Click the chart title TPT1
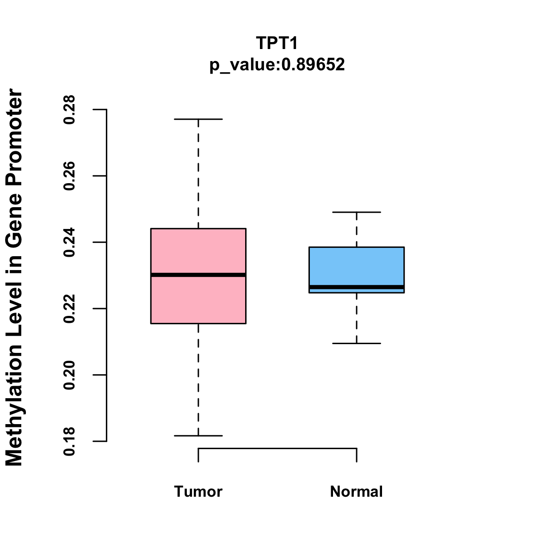277,43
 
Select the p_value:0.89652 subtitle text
277,64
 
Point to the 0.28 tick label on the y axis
69,110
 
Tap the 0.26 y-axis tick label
69,176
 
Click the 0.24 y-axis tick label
69,242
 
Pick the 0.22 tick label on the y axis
69,308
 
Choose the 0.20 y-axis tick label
69,375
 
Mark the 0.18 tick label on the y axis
69,441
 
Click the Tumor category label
198,491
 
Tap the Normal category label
357,491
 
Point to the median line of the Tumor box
198,275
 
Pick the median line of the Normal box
357,287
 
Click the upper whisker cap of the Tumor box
198,119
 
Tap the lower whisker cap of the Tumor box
198,436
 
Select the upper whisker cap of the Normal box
357,212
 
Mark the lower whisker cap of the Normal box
357,343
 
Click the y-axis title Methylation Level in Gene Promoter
15,277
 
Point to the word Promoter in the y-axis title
15,134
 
